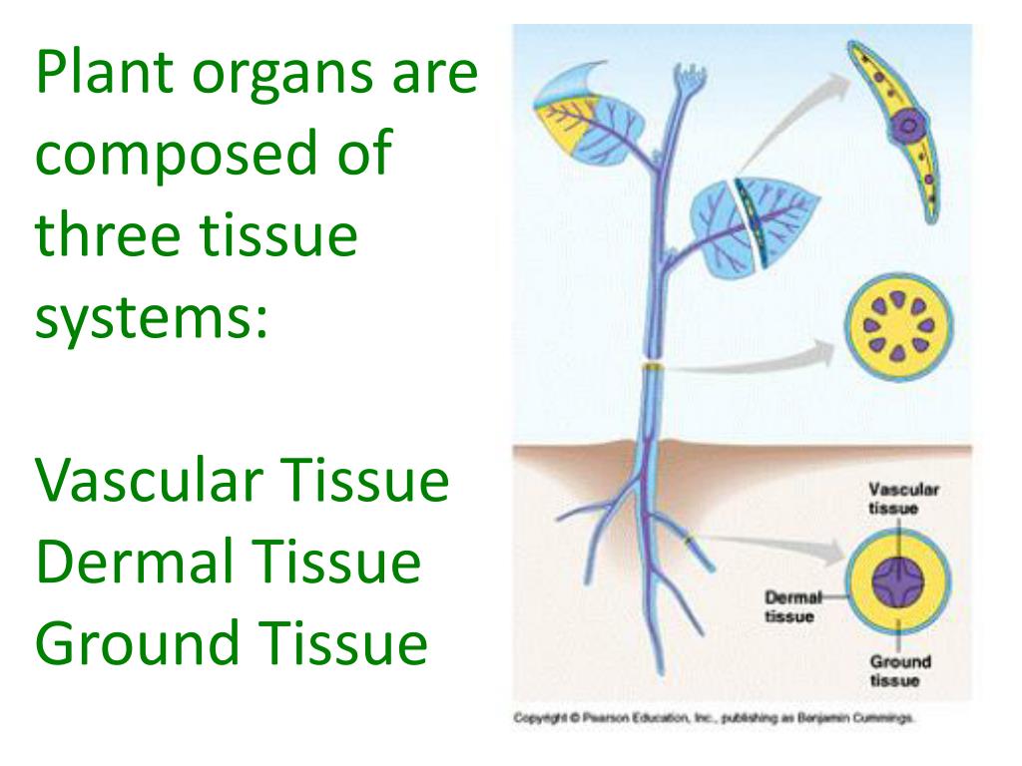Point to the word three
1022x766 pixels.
(109, 236)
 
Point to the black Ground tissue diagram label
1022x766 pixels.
(899, 670)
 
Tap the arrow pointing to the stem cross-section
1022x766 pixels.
(759, 359)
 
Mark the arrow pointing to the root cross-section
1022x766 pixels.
(768, 546)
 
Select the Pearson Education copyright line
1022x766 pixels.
(714, 717)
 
